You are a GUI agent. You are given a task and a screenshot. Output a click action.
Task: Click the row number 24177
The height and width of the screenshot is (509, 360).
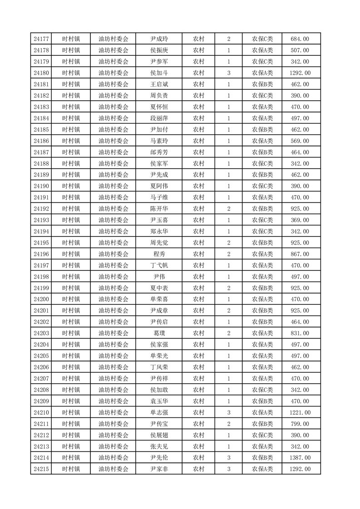point(41,39)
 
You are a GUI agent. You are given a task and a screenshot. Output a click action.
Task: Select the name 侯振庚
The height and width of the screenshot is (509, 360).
point(159,50)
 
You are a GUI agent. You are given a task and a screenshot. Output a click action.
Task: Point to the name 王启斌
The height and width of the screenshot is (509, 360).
point(159,84)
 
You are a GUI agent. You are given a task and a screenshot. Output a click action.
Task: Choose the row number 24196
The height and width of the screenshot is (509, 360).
point(41,254)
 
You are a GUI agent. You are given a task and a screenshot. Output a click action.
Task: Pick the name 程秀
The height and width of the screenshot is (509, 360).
point(159,254)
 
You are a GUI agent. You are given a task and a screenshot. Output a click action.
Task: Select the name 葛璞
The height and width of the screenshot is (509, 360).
point(159,333)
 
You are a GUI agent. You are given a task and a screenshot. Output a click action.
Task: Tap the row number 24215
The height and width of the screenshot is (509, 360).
point(41,469)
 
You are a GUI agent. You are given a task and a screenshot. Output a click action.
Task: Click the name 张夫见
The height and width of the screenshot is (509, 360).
point(159,446)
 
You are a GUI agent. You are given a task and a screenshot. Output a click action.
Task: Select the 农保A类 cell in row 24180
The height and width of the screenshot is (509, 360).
point(262,73)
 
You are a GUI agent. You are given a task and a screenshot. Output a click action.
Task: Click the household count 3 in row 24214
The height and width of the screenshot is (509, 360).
point(229,458)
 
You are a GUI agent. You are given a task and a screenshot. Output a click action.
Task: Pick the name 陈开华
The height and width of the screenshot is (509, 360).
point(159,209)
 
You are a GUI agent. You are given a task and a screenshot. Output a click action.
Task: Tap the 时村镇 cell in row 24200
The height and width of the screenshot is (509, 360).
point(71,299)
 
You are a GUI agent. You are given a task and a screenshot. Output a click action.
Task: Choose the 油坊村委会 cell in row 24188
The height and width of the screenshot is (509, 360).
point(113,164)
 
